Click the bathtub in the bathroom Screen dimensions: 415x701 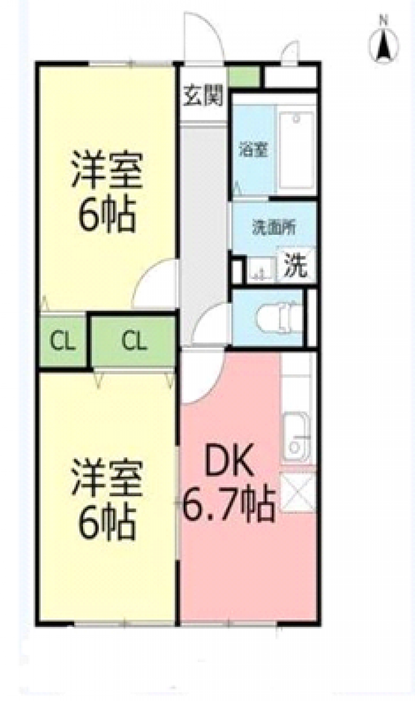tap(296, 150)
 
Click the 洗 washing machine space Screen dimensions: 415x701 tap(295, 265)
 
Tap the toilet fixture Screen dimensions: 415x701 tap(279, 318)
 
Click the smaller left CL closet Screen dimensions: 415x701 tap(63, 342)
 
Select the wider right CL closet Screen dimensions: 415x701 tap(133, 341)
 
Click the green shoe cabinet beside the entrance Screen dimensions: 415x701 tap(245, 76)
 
